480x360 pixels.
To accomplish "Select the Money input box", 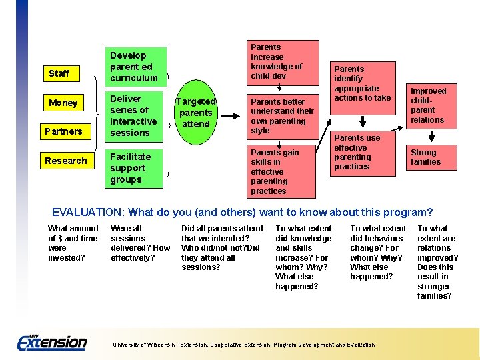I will click(x=63, y=103).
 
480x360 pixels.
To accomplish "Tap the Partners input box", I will click(x=63, y=131).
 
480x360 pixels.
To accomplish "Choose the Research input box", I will click(x=66, y=161).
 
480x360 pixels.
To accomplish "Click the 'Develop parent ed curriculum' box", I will click(x=134, y=67).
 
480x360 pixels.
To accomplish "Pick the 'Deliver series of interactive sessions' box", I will click(x=134, y=115).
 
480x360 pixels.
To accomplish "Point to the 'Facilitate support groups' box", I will click(x=134, y=168).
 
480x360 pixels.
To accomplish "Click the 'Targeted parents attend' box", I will click(x=195, y=112).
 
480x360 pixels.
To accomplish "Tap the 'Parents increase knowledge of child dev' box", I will click(x=283, y=62).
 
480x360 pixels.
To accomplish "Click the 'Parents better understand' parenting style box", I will click(x=283, y=116).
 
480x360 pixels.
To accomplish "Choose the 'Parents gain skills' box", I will click(x=283, y=171).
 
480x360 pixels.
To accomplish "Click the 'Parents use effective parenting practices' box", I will click(x=363, y=152).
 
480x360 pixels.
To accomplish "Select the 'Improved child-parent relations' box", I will click(x=429, y=105).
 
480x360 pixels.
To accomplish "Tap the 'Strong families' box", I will click(x=429, y=157).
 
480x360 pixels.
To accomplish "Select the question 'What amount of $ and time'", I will click(x=73, y=243).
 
